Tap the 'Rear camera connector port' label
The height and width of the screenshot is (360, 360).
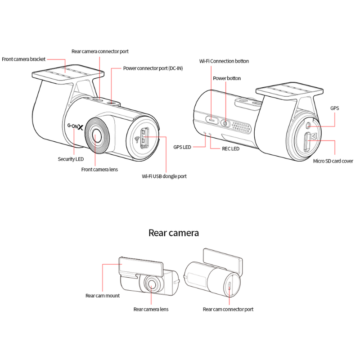103,52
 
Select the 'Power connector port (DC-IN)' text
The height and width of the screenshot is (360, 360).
153,68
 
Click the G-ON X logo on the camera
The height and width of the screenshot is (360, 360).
75,127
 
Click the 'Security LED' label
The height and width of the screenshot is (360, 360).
71,159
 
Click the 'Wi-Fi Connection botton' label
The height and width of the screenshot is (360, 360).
224,61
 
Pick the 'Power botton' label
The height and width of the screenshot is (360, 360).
227,78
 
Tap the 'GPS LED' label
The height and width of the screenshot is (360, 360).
183,147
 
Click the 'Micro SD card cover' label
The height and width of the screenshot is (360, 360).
333,161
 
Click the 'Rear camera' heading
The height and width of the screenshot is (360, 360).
174,233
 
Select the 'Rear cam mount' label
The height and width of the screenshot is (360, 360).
103,296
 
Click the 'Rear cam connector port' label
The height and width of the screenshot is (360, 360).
228,309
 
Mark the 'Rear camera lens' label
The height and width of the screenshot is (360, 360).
151,309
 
